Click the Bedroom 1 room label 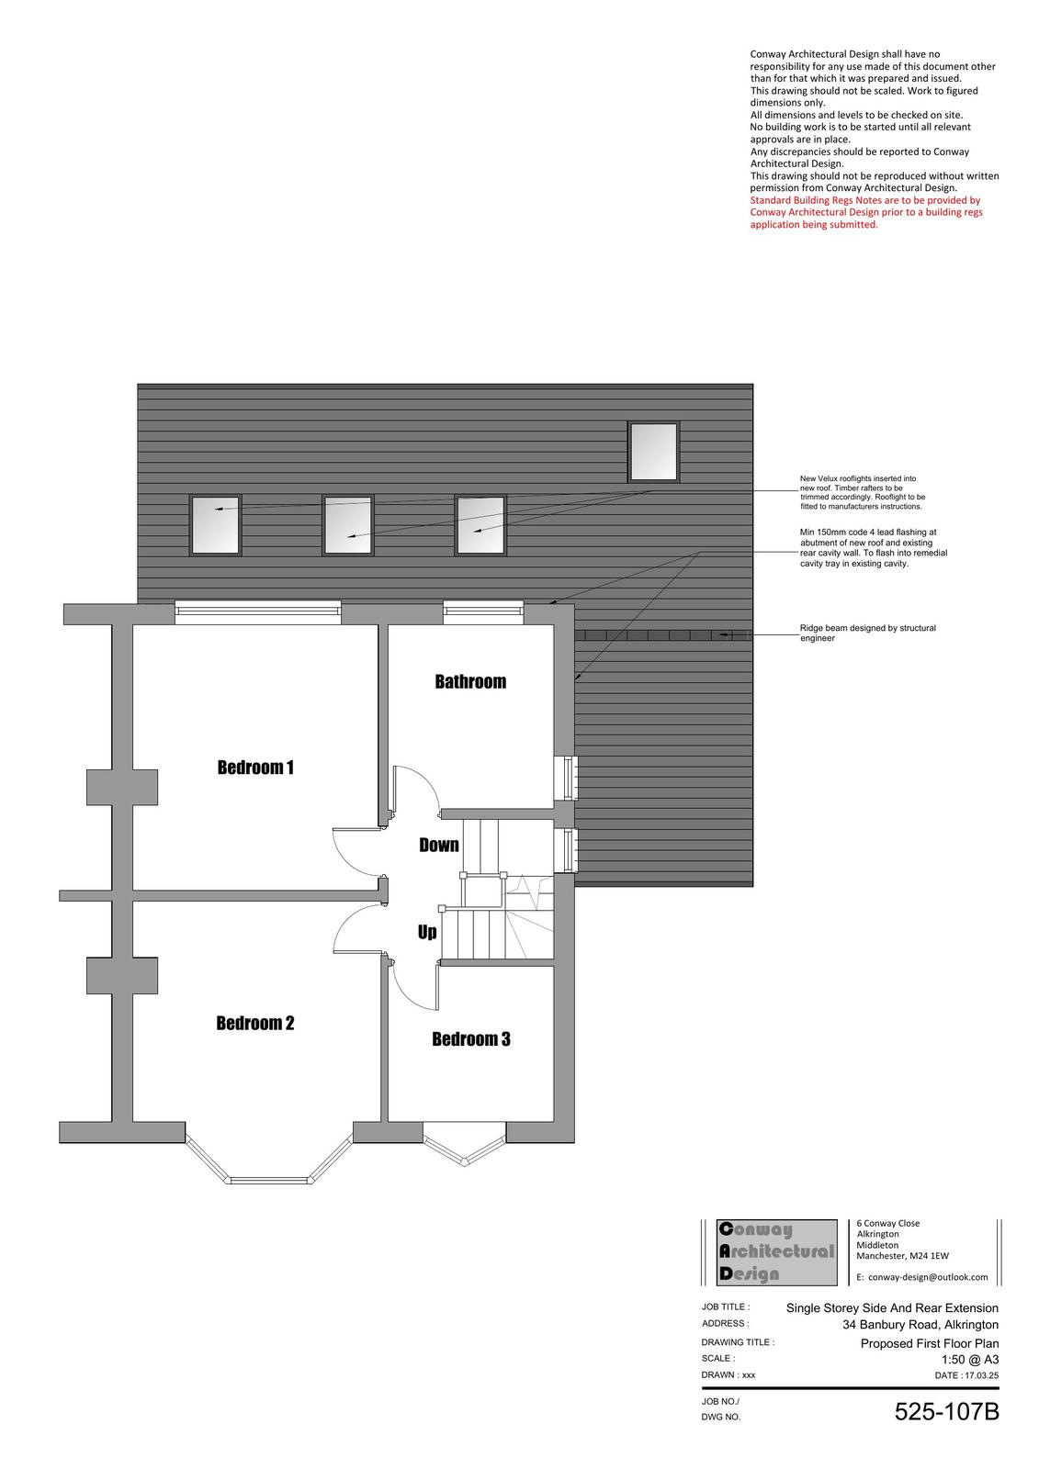255,767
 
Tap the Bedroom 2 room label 255,1023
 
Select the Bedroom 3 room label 470,1038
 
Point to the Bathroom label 470,681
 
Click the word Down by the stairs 438,845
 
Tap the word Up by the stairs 426,932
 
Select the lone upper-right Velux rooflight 653,452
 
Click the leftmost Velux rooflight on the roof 215,525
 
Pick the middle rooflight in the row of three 348,525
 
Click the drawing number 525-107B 946,1411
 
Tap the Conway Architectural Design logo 776,1252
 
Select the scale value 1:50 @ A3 970,1359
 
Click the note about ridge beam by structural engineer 867,633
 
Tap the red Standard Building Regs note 866,212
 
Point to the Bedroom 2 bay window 270,1163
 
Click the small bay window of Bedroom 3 464,1149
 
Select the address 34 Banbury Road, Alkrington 920,1325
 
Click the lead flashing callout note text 873,547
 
